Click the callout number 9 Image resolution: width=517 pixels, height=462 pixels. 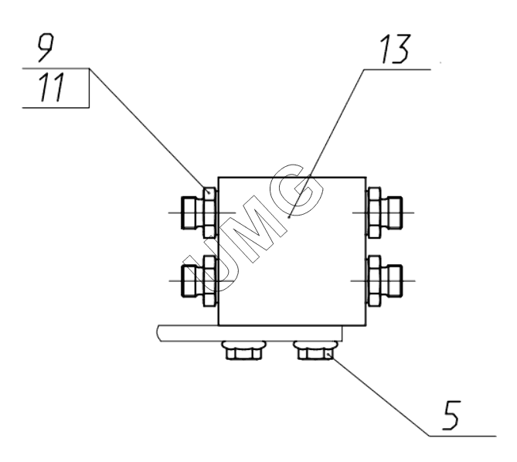pyautogui.click(x=45, y=49)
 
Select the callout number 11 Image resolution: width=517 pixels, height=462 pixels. pyautogui.click(x=51, y=87)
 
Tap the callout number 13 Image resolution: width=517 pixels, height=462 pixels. pyautogui.click(x=396, y=49)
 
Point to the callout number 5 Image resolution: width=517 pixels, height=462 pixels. pyautogui.click(x=451, y=415)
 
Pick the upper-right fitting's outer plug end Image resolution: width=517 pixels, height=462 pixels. pyautogui.click(x=394, y=212)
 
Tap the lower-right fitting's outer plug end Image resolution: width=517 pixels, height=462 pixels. pyautogui.click(x=394, y=280)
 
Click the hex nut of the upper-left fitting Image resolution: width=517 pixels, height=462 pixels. pyautogui.click(x=209, y=213)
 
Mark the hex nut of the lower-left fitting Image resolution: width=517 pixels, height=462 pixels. pyautogui.click(x=209, y=281)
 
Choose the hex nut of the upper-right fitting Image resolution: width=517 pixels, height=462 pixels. pyautogui.click(x=374, y=213)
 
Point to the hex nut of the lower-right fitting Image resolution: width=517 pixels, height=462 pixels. pyautogui.click(x=374, y=281)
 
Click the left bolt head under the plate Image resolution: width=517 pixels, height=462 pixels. pyautogui.click(x=244, y=351)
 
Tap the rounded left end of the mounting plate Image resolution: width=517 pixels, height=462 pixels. pyautogui.click(x=158, y=333)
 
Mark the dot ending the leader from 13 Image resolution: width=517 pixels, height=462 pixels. pyautogui.click(x=289, y=217)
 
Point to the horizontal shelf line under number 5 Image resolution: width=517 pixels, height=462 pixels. pyautogui.click(x=462, y=436)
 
